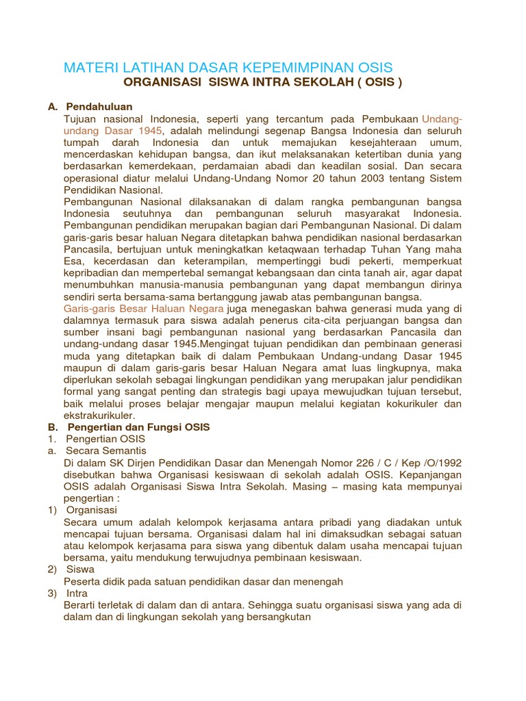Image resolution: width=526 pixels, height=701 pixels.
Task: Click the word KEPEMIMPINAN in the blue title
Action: point(292,67)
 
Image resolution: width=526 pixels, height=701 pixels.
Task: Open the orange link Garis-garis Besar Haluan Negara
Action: point(143,308)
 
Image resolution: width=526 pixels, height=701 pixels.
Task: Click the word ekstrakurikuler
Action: point(99,415)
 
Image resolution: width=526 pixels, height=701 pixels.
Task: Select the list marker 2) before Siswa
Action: point(51,569)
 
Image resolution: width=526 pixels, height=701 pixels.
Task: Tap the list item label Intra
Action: point(77,593)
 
